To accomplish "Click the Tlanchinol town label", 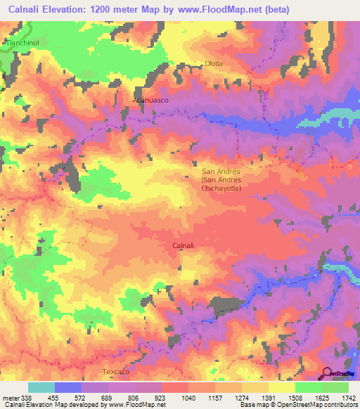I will (x=24, y=42).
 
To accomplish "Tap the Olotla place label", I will (x=213, y=63).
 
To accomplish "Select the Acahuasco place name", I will (x=151, y=100).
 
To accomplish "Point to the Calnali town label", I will (x=186, y=245).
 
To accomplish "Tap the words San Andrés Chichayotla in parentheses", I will (x=221, y=184).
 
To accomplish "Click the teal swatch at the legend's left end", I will (x=41, y=387).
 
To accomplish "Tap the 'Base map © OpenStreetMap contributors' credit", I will (x=297, y=404).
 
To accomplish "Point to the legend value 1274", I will (x=241, y=396).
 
